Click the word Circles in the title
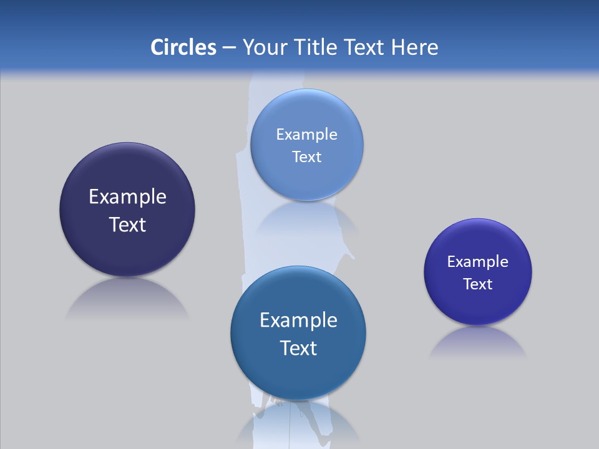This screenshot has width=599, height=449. pyautogui.click(x=183, y=47)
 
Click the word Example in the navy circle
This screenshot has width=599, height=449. pyautogui.click(x=127, y=197)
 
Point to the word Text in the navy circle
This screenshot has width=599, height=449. pyautogui.click(x=127, y=224)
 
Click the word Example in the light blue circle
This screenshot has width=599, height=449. pyautogui.click(x=306, y=135)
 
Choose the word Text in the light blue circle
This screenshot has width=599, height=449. pyautogui.click(x=306, y=157)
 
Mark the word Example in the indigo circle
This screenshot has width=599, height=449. pyautogui.click(x=478, y=262)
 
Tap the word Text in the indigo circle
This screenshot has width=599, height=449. pyautogui.click(x=478, y=284)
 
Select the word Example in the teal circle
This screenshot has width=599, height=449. pyautogui.click(x=298, y=321)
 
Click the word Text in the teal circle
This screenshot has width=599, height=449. pyautogui.click(x=298, y=348)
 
